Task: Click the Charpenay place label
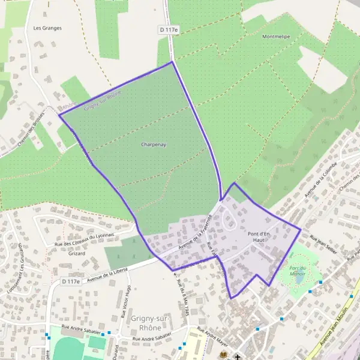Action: (153, 145)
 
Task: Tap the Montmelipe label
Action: (276, 37)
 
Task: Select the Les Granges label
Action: (48, 28)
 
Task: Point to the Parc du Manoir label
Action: (298, 270)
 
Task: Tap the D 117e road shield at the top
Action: (170, 29)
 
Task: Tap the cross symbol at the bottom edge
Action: (238, 356)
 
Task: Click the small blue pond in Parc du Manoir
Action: (299, 279)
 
